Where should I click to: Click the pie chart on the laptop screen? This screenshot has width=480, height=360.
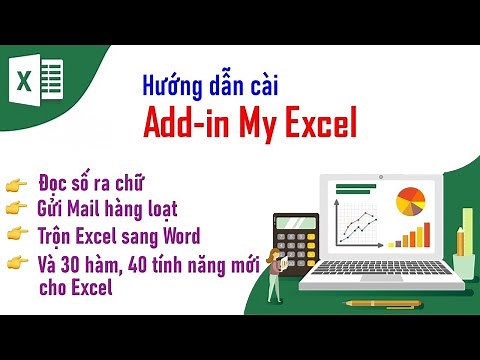click(x=411, y=201)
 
